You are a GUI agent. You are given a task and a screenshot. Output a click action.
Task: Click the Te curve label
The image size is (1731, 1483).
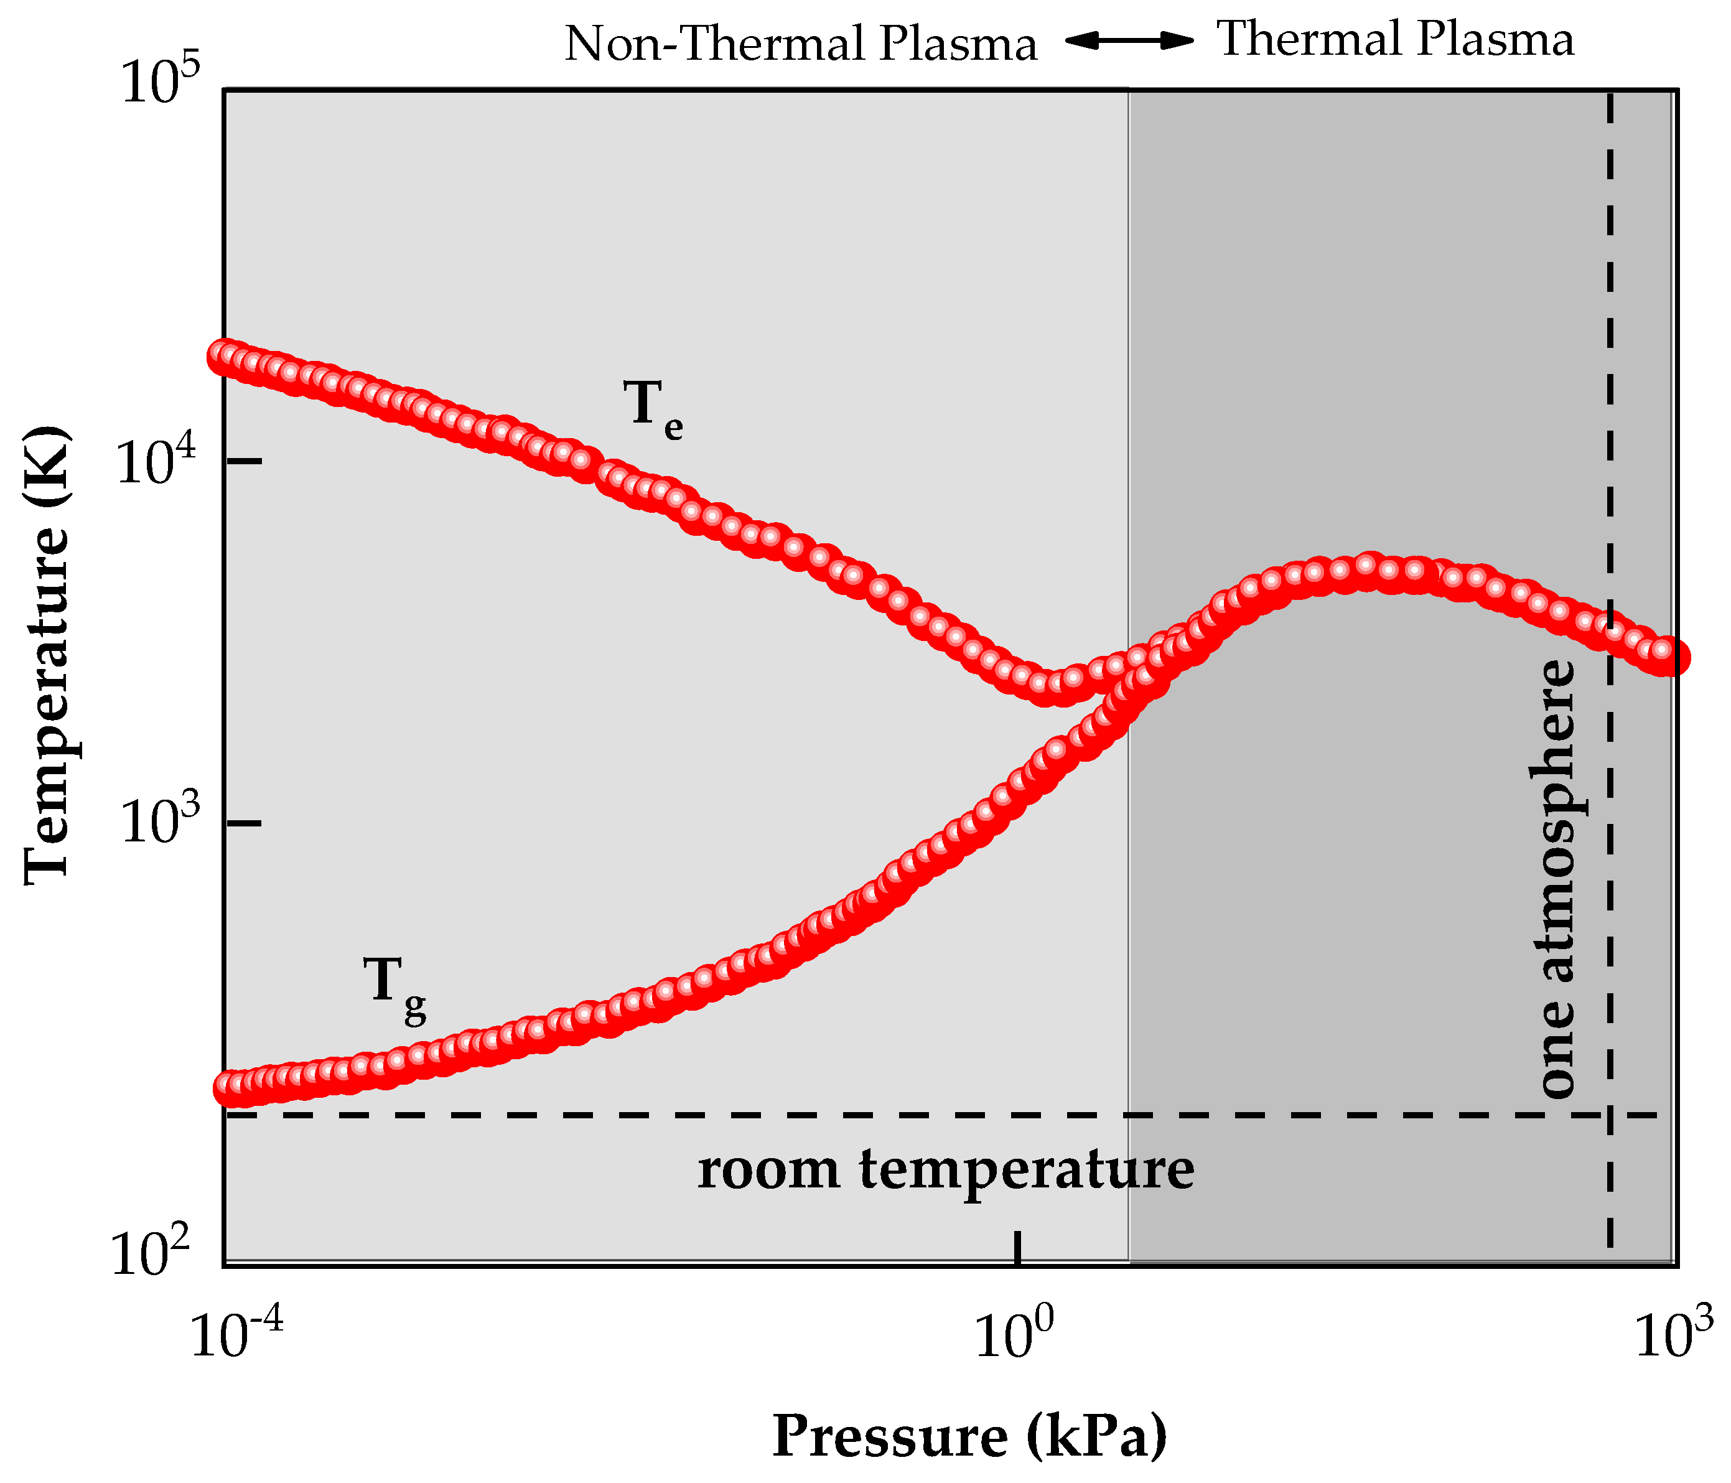tap(653, 408)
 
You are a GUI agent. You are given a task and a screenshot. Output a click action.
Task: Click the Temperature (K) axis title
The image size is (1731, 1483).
tap(46, 656)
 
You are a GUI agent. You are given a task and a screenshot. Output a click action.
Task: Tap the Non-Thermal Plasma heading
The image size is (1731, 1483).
tap(800, 44)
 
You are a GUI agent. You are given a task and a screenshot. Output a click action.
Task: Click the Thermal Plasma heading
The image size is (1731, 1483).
tap(1394, 39)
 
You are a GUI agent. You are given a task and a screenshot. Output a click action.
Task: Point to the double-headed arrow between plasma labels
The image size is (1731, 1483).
tap(1129, 40)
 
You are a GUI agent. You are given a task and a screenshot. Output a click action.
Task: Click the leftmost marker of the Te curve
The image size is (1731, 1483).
tap(225, 356)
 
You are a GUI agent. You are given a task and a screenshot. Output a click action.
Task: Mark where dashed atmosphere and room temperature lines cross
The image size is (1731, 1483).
tap(1610, 1115)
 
